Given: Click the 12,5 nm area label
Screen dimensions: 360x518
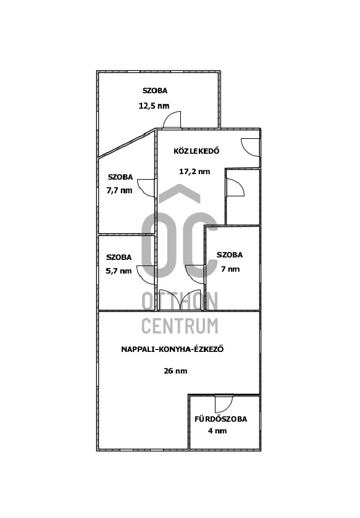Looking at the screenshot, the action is coord(154,106).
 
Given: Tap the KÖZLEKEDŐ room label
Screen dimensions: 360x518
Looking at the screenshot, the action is coord(196,151).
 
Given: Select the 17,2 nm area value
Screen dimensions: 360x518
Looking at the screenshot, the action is coord(195,172).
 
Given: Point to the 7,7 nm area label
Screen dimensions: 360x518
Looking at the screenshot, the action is coord(119,191).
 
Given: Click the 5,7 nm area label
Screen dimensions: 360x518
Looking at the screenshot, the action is coord(119,271).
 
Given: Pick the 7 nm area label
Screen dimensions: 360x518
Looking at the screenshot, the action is coord(230,269).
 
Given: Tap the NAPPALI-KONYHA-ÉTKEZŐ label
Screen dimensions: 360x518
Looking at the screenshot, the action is coord(172,349).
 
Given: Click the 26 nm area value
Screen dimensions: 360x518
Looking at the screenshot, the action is coord(175,371).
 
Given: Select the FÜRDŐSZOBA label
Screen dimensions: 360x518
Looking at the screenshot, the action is coord(220,419).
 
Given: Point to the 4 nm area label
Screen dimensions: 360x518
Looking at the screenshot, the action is coord(217,431).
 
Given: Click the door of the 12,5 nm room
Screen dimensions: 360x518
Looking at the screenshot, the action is coord(172,120).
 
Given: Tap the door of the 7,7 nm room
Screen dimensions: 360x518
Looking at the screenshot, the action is coord(146,188).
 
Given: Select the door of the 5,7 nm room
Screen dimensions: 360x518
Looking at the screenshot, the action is coord(146,275).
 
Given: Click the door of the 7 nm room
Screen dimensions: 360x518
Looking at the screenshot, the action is coord(195,274).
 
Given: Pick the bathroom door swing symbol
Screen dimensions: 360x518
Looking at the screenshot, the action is coord(224,404).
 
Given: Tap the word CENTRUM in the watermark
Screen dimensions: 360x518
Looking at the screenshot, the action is coord(180,326).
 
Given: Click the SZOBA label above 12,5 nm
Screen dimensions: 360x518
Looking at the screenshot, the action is coord(155,91).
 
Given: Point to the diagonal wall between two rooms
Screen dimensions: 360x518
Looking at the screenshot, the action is coord(127,143).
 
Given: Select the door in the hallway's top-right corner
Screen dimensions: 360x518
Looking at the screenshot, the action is coord(250,148).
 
